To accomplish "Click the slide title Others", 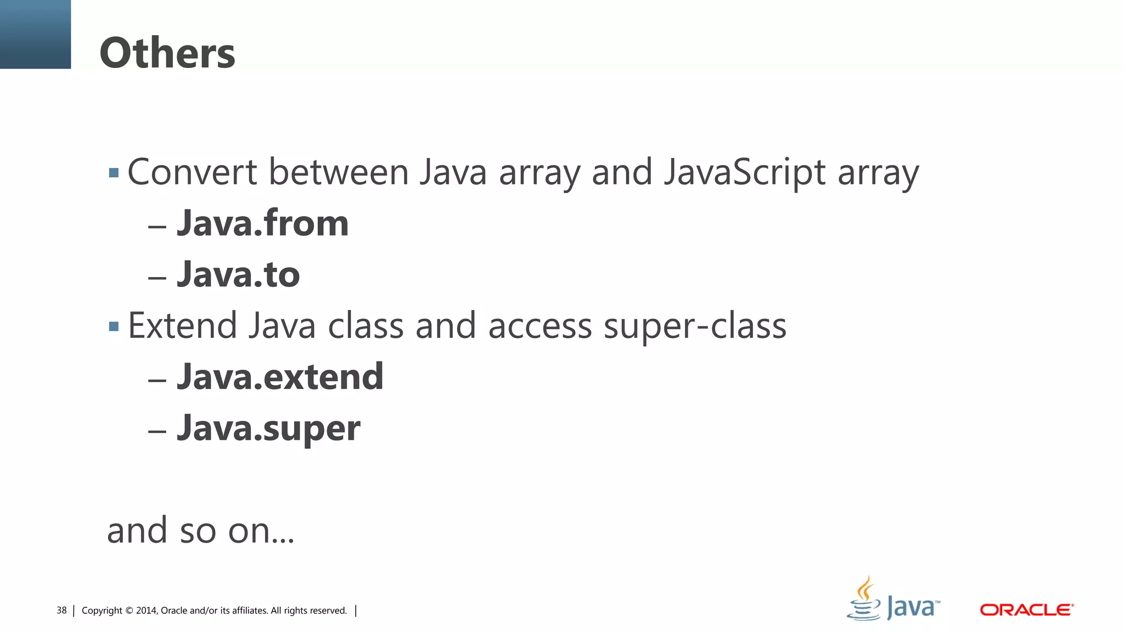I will pos(167,53).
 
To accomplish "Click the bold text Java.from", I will pos(262,223).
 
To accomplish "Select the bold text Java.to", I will pos(238,274).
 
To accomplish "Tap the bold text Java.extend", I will pos(280,377).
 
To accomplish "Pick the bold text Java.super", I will pos(268,428).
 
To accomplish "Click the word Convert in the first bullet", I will pos(192,172).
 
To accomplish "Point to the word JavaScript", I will pos(744,172).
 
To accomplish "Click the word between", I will pos(339,172).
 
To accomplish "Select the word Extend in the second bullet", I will pos(182,326).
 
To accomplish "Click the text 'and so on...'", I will pos(200,531).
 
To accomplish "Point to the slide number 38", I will pos(61,611).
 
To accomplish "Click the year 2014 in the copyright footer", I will pos(147,611).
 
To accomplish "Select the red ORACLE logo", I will pos(1026,610).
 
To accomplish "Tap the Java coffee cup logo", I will pos(865,599).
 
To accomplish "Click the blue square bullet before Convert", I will pos(114,173).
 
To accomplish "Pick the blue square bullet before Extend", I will pos(114,327).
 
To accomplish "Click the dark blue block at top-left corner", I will pos(35,34).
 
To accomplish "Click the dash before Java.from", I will pos(157,226).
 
